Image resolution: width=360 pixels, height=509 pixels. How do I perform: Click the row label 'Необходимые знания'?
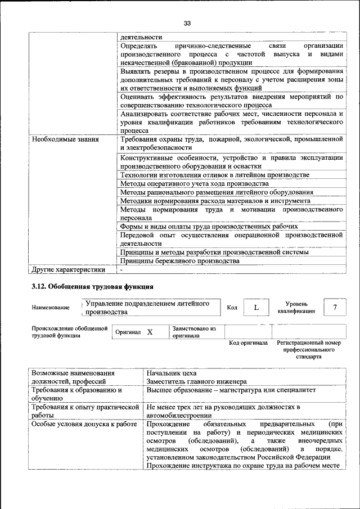coord(65,139)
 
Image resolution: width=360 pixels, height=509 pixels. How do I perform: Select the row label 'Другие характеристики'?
coord(69,269)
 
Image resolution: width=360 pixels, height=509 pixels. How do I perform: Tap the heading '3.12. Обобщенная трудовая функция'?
coord(92,286)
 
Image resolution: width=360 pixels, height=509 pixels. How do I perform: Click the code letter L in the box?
coord(256,307)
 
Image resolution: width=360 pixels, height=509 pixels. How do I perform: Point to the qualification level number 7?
coord(335,307)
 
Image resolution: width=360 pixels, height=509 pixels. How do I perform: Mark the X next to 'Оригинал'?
coord(150,332)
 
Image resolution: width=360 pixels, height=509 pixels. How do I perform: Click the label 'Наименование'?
coord(51,308)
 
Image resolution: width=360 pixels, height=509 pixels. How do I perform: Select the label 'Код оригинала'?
coord(248,343)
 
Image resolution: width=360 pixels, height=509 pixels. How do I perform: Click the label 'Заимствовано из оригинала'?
coord(194,332)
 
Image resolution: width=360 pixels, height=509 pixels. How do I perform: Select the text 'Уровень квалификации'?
coord(296,307)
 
